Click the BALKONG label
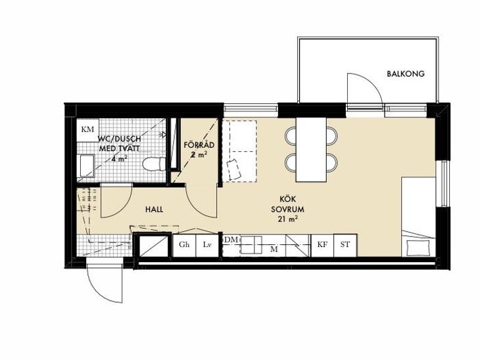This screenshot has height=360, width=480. pos(406,74)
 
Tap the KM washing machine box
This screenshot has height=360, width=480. pos(87,129)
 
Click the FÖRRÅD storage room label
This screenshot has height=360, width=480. pos(199,145)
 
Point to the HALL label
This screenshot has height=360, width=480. pos(154,210)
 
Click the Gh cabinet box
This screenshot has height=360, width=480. pos(184,245)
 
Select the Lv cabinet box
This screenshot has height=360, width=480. pos(207,245)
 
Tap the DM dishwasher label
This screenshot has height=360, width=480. pos(231,240)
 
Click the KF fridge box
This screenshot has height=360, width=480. pos(322,245)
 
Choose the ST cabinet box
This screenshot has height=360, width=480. pos(345,245)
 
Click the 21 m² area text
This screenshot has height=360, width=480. pos(288,219)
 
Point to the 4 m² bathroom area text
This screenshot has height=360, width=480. pos(120,159)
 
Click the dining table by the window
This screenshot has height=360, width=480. pos(311,150)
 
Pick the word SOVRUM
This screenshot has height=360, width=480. pos(287,210)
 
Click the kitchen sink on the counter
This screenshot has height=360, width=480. pos(251,245)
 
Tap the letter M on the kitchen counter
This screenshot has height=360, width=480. pos(274,250)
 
